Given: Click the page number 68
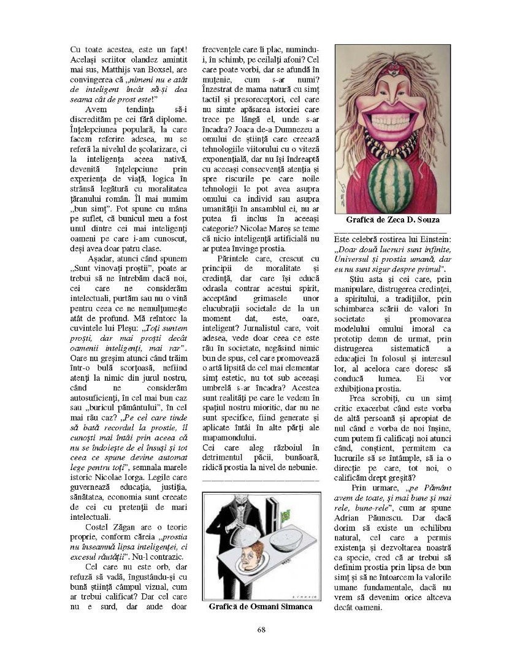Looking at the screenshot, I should (x=261, y=629).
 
